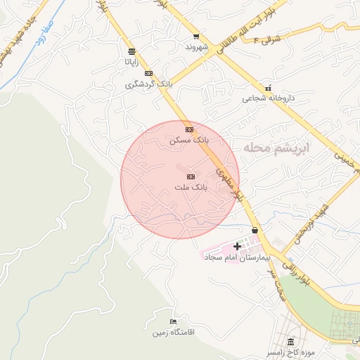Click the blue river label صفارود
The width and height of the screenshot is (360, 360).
coord(34,34)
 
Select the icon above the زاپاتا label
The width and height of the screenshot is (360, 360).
coord(131,51)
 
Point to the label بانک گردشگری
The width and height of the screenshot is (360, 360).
coord(148,84)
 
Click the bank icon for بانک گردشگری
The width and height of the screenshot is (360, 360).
coord(148,73)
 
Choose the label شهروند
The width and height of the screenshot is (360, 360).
coord(197,47)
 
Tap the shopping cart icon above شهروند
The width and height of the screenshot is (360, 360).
coord(196,37)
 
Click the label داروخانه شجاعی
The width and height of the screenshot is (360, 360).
coord(267,99)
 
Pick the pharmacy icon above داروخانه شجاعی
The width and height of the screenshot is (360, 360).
coord(268,89)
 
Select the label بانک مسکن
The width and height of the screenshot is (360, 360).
coord(189,141)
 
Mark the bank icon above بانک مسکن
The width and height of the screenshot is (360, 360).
coord(189,130)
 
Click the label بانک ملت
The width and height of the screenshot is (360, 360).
coord(191,188)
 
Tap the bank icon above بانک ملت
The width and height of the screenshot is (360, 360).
coord(191,176)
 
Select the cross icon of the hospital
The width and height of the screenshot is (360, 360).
coord(237,247)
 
